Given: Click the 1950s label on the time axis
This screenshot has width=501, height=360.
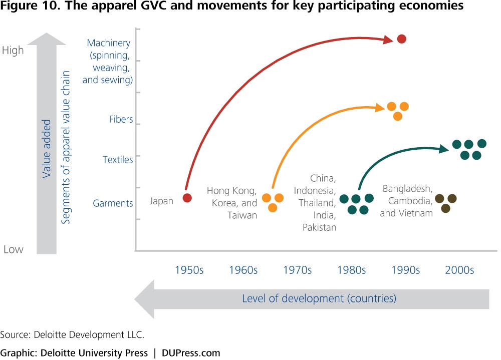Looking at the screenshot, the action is (x=189, y=270).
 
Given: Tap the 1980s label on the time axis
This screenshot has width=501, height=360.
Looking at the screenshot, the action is (x=352, y=270).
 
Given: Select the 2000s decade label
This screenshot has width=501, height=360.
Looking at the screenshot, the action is (x=459, y=270).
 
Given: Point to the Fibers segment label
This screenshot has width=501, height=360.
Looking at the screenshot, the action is (x=121, y=119).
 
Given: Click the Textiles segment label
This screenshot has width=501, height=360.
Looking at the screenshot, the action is (x=118, y=159).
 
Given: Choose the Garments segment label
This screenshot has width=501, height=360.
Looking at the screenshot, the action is (x=113, y=203).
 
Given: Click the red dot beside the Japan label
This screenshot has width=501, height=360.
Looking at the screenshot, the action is (x=187, y=198).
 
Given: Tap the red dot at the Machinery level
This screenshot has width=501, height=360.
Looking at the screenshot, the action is (x=402, y=39).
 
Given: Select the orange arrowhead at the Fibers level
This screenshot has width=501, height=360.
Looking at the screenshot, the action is (x=380, y=108).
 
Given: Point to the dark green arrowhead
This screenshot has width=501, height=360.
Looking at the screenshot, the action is (x=444, y=149).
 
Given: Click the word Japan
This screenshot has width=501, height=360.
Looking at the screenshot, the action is (x=161, y=201).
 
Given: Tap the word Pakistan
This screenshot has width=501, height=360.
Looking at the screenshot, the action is (x=320, y=227).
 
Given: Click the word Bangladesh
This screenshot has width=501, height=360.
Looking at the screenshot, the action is (x=407, y=189).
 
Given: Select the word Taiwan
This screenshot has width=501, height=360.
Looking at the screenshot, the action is (x=242, y=215).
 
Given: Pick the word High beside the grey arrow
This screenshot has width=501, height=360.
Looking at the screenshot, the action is (x=13, y=51).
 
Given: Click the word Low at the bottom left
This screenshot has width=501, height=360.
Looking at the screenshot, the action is (x=14, y=249).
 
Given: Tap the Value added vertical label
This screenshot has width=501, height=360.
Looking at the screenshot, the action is (x=47, y=149).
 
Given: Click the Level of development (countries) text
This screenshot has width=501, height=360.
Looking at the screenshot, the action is (x=319, y=298).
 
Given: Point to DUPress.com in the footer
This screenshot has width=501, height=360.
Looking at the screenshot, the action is (x=191, y=353).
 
